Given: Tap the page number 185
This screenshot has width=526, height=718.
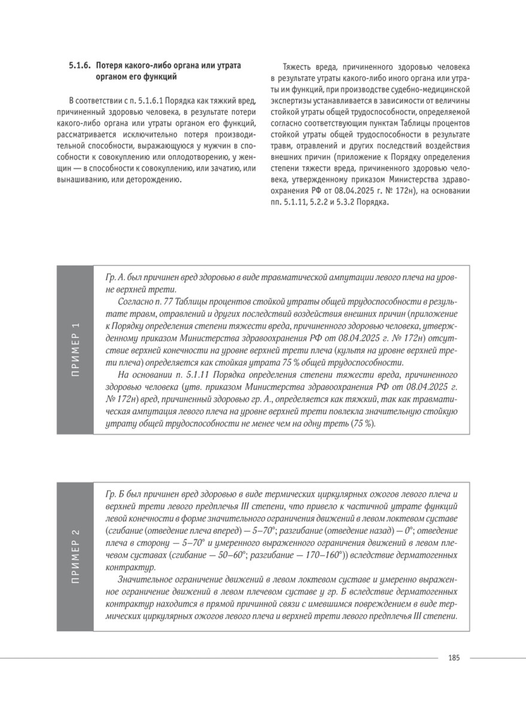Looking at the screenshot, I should tap(453, 658).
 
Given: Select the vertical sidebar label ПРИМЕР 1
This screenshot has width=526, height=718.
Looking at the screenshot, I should tap(75, 349).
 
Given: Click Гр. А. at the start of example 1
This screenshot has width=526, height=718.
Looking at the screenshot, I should tap(115, 278).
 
